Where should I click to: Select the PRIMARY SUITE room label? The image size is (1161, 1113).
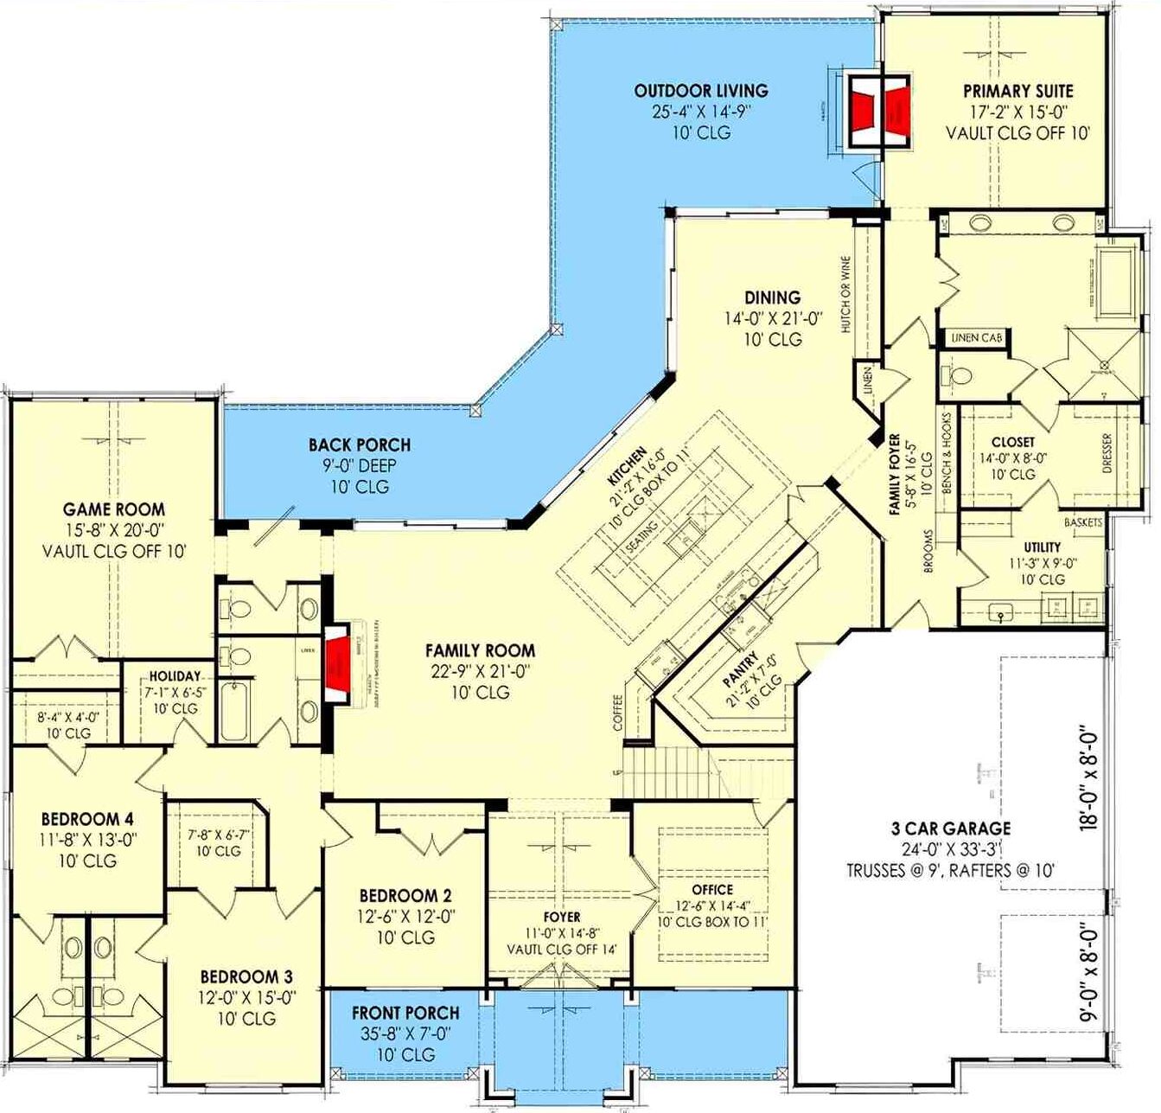(1017, 91)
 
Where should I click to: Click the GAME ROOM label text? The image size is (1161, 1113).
(113, 509)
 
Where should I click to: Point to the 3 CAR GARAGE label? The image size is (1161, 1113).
(950, 828)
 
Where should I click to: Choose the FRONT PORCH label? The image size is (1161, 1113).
(405, 1013)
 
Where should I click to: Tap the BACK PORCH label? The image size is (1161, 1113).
(360, 445)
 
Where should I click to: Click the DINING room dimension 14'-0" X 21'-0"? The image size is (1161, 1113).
(774, 319)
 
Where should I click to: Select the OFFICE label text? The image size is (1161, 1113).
(712, 889)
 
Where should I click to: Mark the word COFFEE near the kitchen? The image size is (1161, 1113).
(617, 713)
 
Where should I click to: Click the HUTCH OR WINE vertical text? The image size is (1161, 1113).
(845, 295)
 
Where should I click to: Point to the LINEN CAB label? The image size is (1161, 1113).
(976, 338)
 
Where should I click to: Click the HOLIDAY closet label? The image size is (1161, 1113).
(175, 676)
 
